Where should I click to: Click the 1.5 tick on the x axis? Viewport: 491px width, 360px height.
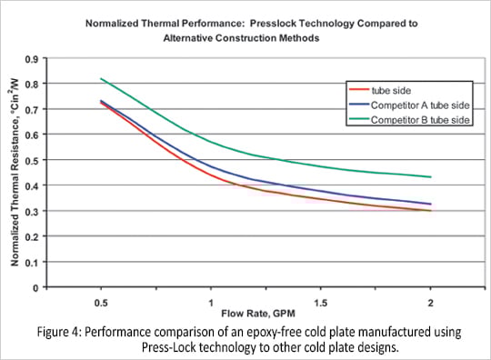[x=321, y=300]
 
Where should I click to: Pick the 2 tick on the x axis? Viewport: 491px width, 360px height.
[x=429, y=300]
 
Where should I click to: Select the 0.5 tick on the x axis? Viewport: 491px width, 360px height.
[x=103, y=300]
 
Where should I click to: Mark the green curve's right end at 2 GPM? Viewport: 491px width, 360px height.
[x=430, y=176]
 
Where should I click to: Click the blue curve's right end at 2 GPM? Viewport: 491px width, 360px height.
[x=430, y=204]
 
